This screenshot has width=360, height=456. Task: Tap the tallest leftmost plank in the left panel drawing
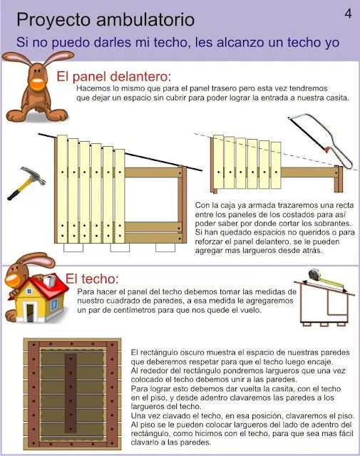(x=62, y=189)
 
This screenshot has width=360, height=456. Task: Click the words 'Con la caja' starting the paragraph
(x=219, y=204)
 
